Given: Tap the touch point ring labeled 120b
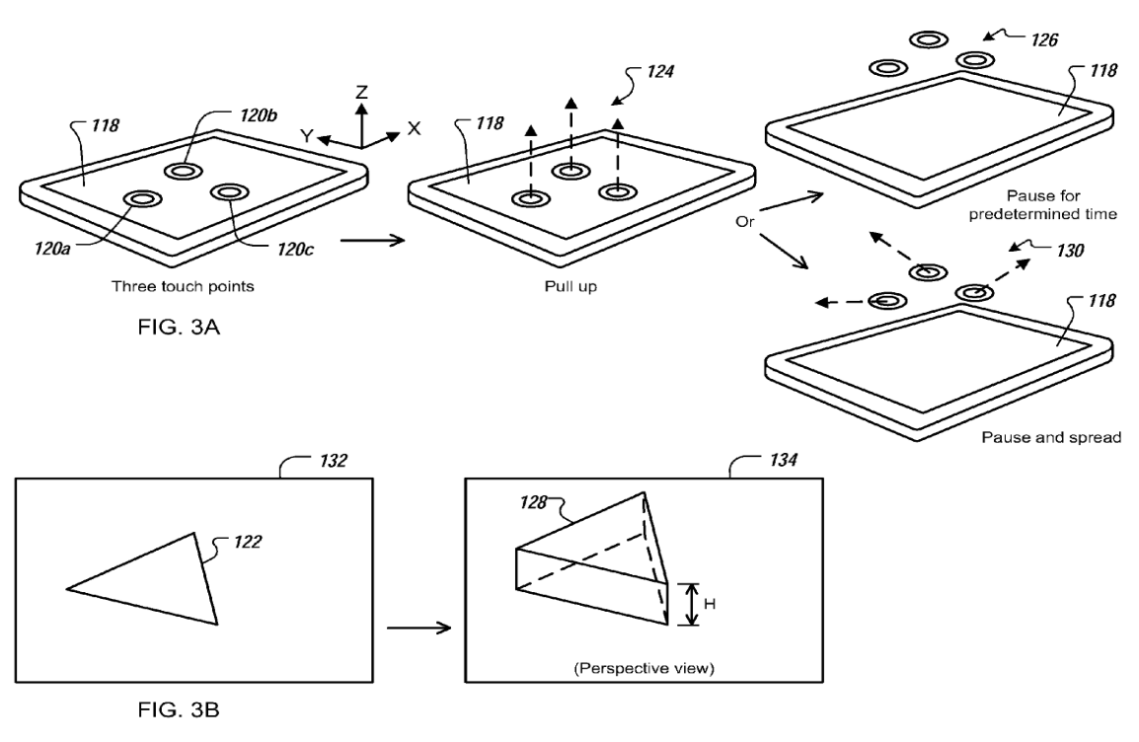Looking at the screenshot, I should click(x=183, y=171).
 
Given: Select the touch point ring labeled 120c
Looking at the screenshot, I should click(x=228, y=191).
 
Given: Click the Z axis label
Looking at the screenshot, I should click(x=362, y=91).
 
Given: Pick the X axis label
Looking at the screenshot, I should click(x=414, y=128).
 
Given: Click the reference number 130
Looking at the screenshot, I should click(x=1067, y=251).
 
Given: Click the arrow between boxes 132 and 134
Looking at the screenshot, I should click(x=417, y=628).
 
